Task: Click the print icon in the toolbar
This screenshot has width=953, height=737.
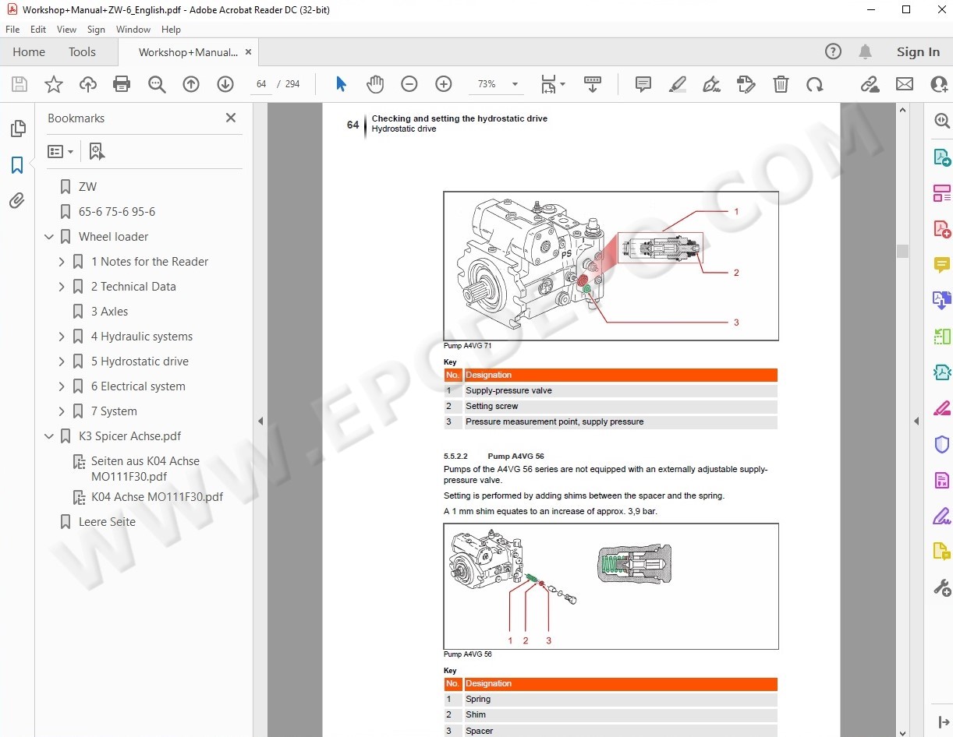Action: (122, 83)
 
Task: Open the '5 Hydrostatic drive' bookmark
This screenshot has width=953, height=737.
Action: (140, 361)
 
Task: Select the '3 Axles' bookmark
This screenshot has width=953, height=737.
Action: (110, 312)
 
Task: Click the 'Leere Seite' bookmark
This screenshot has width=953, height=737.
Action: (107, 521)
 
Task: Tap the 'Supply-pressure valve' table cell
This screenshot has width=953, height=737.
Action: (508, 390)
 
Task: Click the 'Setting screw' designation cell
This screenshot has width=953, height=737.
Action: (491, 406)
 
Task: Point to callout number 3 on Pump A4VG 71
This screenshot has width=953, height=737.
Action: (736, 323)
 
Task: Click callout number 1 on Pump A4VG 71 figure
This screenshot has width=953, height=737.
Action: (736, 211)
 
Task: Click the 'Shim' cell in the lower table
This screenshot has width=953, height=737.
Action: (476, 714)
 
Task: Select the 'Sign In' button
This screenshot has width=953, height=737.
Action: (918, 51)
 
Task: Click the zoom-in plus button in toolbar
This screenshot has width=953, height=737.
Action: (444, 83)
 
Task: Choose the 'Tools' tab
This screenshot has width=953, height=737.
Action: (82, 51)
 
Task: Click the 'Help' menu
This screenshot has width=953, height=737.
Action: (171, 30)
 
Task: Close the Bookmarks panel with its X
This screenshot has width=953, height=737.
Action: (231, 118)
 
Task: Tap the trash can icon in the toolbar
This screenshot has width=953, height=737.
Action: (781, 83)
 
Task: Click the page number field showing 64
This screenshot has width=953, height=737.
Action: (261, 83)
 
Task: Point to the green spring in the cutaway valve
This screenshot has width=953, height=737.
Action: (610, 564)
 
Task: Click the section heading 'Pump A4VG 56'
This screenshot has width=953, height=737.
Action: (515, 456)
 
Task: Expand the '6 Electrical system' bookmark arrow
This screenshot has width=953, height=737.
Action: (62, 386)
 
